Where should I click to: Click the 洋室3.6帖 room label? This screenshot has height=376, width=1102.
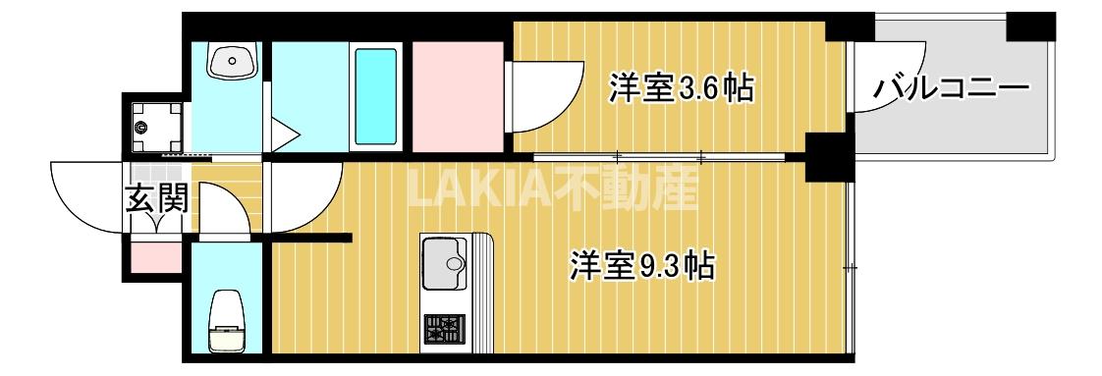(x=681, y=88)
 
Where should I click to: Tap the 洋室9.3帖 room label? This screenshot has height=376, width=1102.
(x=640, y=265)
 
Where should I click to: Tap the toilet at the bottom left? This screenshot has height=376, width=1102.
(x=228, y=319)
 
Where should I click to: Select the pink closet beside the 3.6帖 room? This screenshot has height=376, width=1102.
(x=457, y=96)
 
